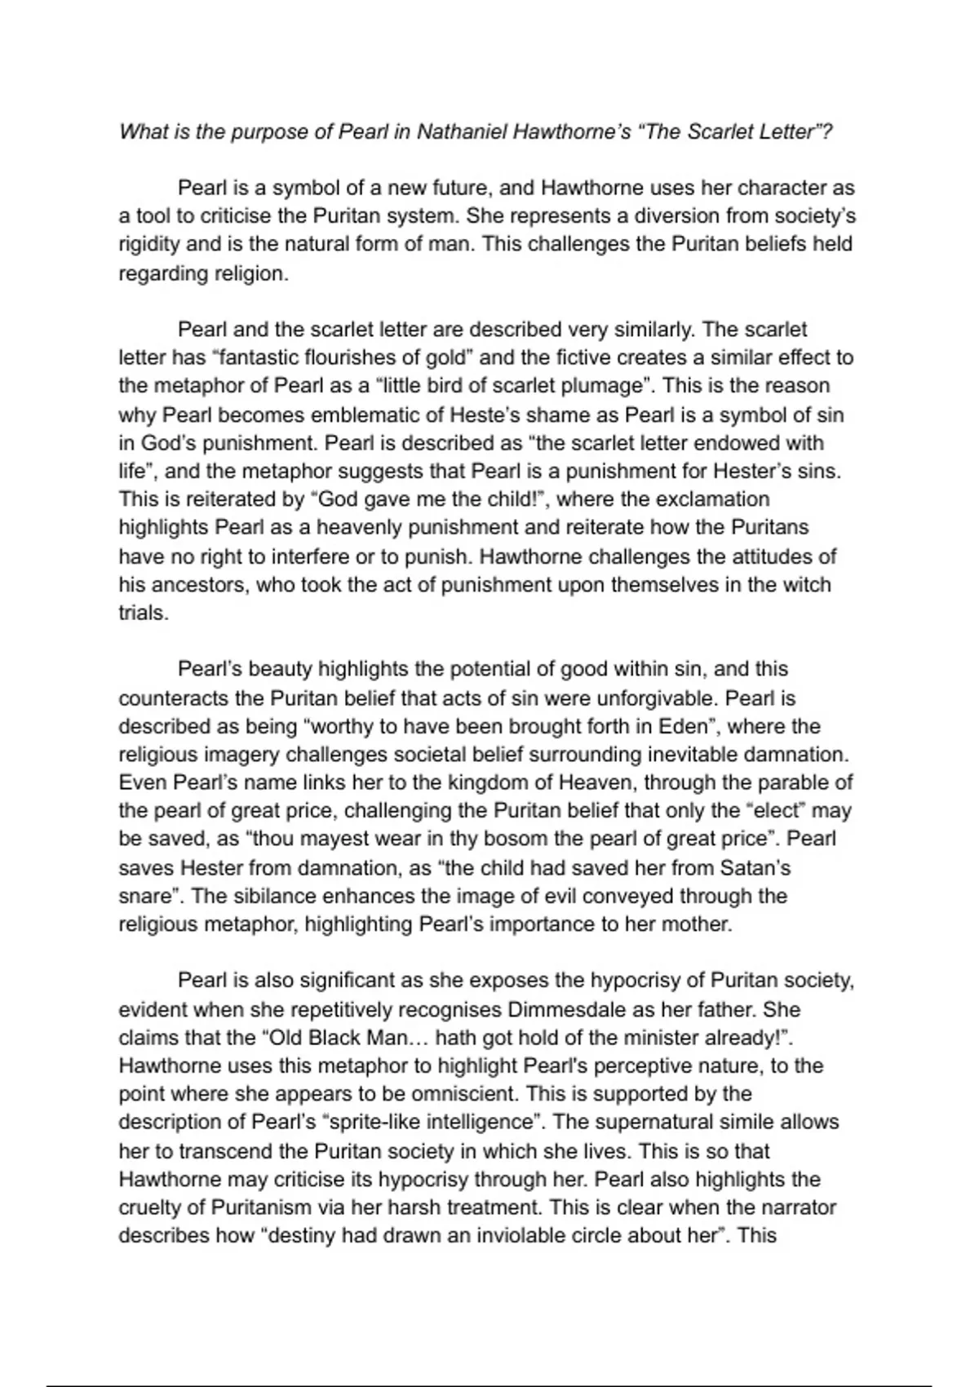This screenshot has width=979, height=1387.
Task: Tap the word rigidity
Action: pyautogui.click(x=148, y=245)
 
